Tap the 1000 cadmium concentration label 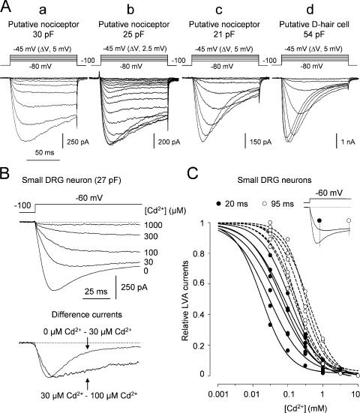tap(158, 224)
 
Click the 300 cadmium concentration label tap(155, 236)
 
